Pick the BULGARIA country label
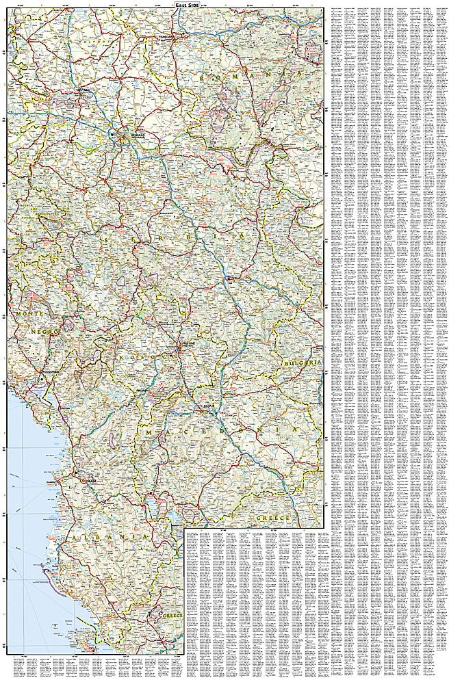[304, 362]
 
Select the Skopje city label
[209, 406]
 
